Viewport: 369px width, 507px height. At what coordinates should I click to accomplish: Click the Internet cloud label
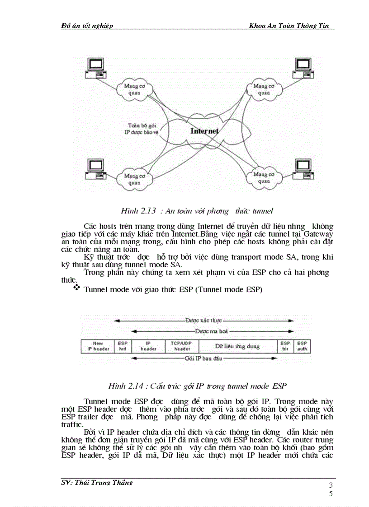pos(204,131)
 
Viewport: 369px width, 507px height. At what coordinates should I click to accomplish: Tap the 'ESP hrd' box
pos(123,346)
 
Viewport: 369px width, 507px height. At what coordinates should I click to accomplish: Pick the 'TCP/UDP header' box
pos(182,346)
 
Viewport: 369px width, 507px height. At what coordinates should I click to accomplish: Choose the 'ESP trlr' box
pos(285,346)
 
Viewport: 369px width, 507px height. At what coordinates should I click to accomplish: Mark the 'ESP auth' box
pos(303,346)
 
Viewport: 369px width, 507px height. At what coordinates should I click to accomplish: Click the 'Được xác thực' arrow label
pos(203,320)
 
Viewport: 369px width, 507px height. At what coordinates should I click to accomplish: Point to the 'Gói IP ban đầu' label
pos(203,359)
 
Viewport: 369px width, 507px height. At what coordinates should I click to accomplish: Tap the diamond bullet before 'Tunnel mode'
pos(76,288)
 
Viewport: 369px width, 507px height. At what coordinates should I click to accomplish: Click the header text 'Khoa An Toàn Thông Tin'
pos(291,26)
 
